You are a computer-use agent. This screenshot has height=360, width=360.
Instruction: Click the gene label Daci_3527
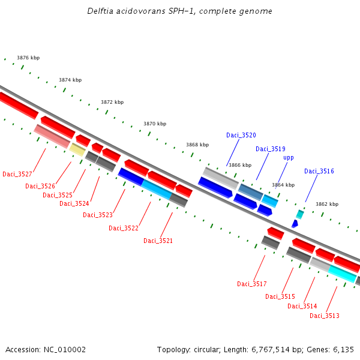coord(17,174)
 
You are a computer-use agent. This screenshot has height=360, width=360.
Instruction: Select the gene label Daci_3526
coord(40,186)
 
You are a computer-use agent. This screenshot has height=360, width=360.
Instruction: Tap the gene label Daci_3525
coord(58,195)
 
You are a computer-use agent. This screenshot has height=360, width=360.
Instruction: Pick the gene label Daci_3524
coord(74,203)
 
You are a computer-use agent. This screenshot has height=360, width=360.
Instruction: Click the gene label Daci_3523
coord(98,215)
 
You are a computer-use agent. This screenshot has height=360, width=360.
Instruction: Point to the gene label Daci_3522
coord(124,228)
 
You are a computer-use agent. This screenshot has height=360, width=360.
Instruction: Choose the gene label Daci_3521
coord(158,241)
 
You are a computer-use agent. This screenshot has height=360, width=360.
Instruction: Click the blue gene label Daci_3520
coord(241,135)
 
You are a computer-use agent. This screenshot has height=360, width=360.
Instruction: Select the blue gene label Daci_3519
coord(271,149)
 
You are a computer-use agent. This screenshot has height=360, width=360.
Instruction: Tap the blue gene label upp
coord(289,158)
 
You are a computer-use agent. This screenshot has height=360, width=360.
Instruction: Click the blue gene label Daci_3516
coord(319,171)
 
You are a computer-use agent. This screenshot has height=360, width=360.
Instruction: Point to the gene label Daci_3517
coord(252,284)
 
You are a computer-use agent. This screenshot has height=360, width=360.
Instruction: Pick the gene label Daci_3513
coord(325,316)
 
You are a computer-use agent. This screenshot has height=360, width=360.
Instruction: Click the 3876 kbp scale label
coord(28,58)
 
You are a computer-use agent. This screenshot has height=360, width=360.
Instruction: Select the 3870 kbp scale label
coord(155,124)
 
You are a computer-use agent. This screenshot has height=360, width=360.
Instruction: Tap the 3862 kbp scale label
coord(327,204)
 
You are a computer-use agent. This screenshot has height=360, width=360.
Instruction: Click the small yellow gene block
coord(77,149)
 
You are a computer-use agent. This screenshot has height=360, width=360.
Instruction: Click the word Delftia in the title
coord(100,11)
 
